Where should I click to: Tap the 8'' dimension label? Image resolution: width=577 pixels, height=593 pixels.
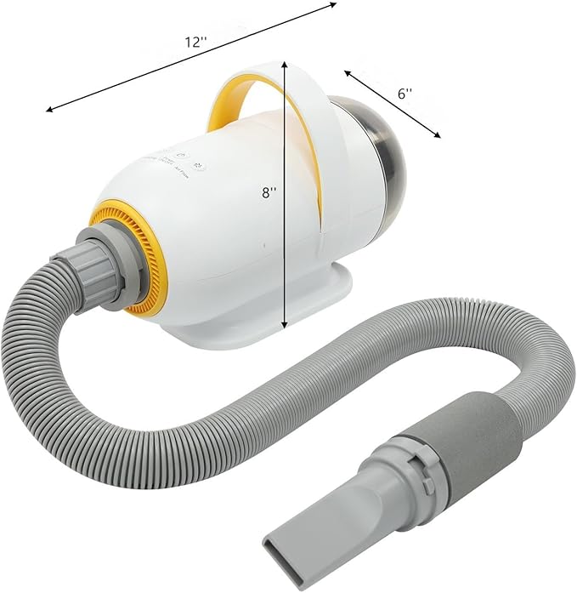pyautogui.click(x=269, y=193)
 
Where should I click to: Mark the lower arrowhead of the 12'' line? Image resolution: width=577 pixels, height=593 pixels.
pyautogui.click(x=50, y=110)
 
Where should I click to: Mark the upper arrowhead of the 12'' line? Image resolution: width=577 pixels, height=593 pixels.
pyautogui.click(x=333, y=4)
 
